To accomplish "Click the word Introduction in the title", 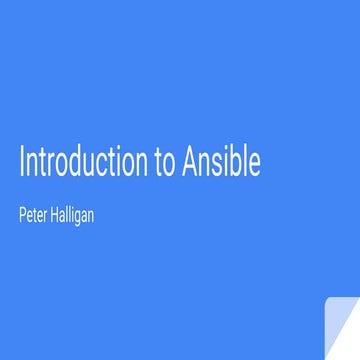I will click(x=83, y=162).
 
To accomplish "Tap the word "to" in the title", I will click(x=165, y=163).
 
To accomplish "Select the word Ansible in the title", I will click(x=222, y=162).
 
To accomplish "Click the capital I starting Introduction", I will click(x=21, y=162).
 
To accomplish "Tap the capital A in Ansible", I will click(x=190, y=162).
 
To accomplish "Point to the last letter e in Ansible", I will click(x=256, y=165).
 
